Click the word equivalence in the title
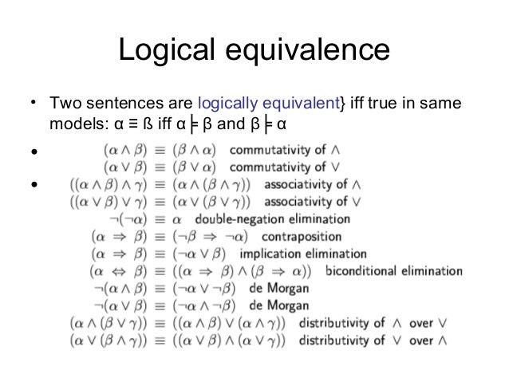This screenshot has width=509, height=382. click(x=307, y=50)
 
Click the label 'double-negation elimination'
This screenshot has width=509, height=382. click(x=272, y=219)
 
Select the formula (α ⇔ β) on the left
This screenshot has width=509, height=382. click(x=119, y=270)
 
